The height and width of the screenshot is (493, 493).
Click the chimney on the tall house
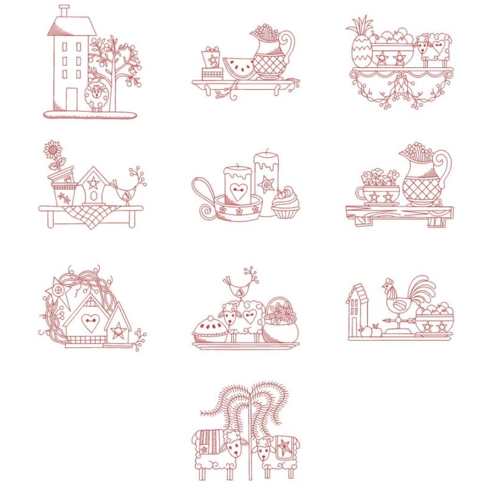pos(65,10)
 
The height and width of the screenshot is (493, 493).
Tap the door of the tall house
pos(72,98)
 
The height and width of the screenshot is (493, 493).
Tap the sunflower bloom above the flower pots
pos(53,148)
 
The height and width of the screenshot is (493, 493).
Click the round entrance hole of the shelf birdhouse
pos(93,195)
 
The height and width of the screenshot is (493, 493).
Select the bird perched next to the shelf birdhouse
pos(126,190)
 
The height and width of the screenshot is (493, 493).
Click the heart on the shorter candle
pos(237,191)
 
